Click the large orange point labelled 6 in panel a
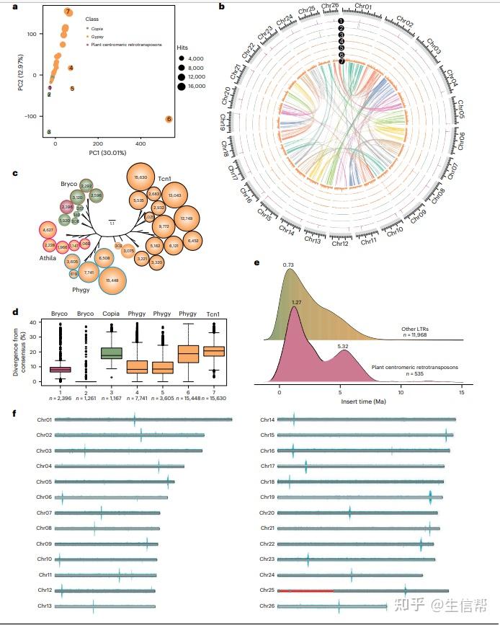point(169,119)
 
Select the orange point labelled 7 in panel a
point(68,12)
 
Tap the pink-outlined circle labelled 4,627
point(48,230)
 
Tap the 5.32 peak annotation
point(343,347)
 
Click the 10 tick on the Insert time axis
point(401,395)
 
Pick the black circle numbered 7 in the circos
point(341,62)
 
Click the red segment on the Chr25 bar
point(305,590)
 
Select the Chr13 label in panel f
point(44,607)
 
